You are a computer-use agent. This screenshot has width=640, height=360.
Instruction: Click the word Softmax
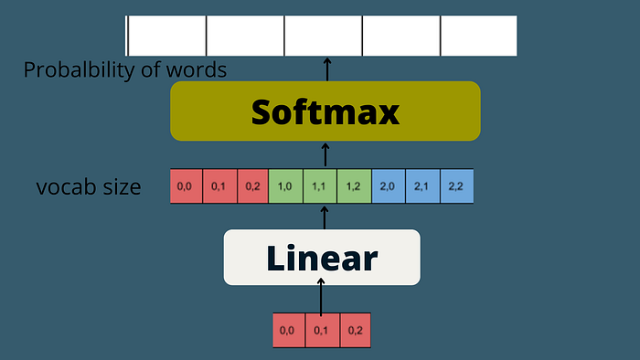[325, 111]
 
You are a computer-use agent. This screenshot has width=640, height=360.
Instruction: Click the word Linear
[322, 258]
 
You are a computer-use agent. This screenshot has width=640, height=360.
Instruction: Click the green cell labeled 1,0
[285, 186]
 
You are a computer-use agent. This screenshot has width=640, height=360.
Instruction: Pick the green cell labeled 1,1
[320, 186]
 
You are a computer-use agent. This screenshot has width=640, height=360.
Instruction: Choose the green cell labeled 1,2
[355, 186]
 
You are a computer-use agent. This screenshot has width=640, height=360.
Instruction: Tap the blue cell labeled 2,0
[389, 186]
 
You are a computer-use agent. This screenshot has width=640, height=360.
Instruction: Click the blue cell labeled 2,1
[422, 186]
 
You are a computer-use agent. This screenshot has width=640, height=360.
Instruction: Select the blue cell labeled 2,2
[457, 186]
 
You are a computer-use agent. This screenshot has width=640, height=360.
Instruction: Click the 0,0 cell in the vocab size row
[186, 186]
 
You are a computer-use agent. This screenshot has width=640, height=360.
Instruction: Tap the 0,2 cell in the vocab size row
[252, 186]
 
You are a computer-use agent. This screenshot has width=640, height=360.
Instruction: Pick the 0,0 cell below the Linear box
[289, 330]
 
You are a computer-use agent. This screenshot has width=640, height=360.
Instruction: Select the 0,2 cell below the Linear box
[355, 330]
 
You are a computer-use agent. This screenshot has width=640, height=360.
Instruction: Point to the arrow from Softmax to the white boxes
[327, 69]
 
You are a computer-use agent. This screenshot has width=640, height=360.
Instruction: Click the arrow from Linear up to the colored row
[325, 217]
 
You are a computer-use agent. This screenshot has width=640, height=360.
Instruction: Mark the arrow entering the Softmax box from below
[325, 154]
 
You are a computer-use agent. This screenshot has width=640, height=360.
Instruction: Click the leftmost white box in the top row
[166, 36]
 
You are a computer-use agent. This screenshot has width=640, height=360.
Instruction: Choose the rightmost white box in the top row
[479, 36]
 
